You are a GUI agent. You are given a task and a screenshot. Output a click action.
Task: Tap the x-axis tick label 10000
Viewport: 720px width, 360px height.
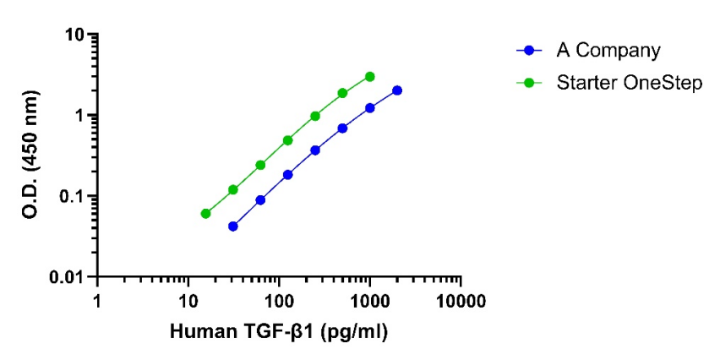click(x=461, y=302)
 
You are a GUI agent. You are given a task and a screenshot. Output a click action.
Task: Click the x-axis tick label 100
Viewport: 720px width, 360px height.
click(x=278, y=302)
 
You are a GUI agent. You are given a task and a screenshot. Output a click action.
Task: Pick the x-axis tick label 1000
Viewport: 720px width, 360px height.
click(x=369, y=302)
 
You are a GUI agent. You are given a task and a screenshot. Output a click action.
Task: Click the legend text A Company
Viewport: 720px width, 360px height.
click(x=608, y=51)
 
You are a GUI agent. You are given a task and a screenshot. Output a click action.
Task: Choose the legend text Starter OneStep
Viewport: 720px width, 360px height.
click(x=629, y=83)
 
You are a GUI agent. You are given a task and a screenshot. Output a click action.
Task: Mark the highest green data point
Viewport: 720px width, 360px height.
click(x=369, y=77)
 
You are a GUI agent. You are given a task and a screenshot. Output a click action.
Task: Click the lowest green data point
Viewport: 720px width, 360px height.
click(x=205, y=214)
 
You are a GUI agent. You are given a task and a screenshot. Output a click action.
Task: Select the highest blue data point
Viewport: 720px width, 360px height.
click(x=397, y=90)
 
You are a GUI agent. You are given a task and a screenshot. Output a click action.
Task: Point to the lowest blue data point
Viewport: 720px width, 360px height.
click(x=233, y=226)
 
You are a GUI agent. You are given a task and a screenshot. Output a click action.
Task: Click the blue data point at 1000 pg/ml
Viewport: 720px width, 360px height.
click(x=369, y=108)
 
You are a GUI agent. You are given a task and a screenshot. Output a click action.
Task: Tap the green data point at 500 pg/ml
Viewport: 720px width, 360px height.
click(x=342, y=93)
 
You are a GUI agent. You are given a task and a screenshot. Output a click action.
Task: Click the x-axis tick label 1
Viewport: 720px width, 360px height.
click(x=97, y=302)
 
